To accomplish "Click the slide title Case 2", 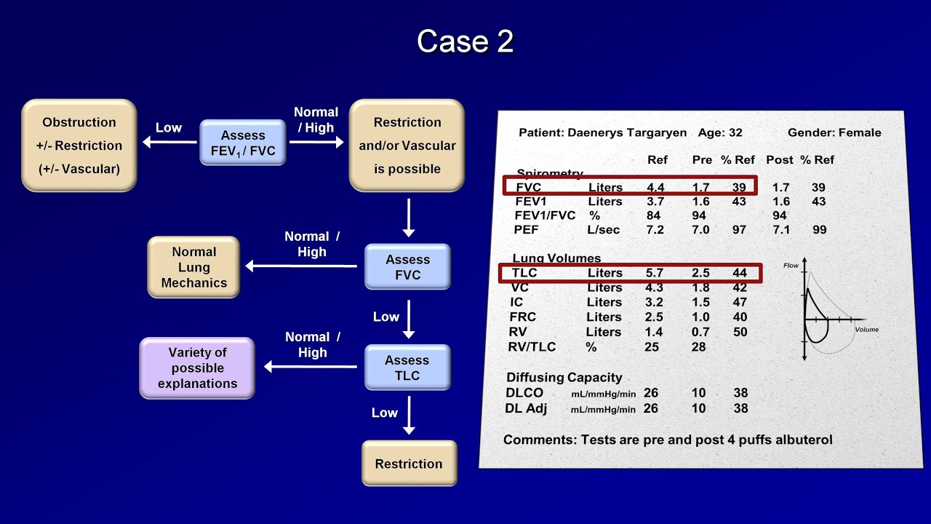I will (x=465, y=41).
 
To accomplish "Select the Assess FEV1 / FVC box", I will (x=243, y=143).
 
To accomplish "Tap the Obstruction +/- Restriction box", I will (x=79, y=146).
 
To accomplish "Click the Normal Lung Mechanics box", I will (x=193, y=267).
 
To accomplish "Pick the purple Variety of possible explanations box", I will (x=197, y=368).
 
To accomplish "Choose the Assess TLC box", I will (x=407, y=368).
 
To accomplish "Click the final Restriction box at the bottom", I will (x=409, y=464).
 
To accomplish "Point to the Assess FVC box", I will (x=407, y=267).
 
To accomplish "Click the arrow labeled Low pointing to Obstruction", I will (x=169, y=143).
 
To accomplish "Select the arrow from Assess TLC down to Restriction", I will (x=409, y=416).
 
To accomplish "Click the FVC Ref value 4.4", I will (x=655, y=187).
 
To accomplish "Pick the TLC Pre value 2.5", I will (x=700, y=273).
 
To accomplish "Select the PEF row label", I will (x=526, y=229).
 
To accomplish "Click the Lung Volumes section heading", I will (x=556, y=258).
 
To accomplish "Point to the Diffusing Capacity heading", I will (x=564, y=377).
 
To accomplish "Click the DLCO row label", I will (x=524, y=393).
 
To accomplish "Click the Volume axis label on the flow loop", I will (x=866, y=330).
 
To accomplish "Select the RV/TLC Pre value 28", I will (x=699, y=346).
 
